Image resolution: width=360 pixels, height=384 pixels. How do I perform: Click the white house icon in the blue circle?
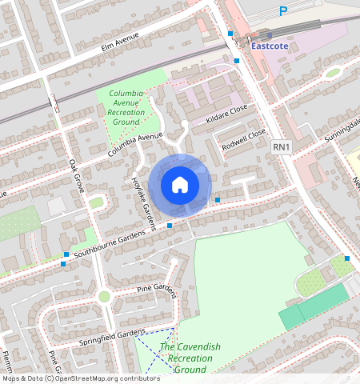coord(180,186)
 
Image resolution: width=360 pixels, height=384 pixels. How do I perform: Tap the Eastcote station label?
coord(270,46)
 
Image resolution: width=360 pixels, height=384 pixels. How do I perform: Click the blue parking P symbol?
coord(282,10)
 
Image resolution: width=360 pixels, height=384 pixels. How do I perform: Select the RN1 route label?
coord(280,146)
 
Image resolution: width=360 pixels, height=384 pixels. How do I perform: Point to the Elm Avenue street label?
coord(120,41)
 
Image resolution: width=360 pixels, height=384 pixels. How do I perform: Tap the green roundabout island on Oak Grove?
coord(103,297)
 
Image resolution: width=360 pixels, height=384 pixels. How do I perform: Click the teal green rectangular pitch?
coord(314,306)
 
